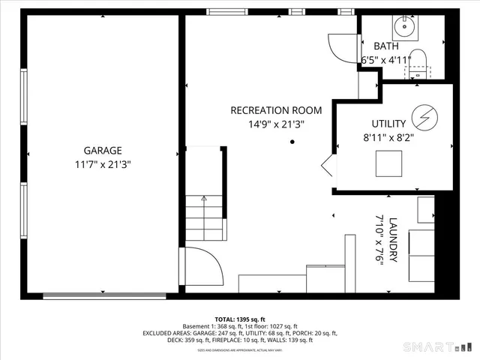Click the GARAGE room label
(x=102, y=150)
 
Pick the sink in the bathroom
(x=406, y=28)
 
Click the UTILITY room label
(x=388, y=124)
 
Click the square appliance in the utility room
(x=389, y=163)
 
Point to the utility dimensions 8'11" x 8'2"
(x=388, y=137)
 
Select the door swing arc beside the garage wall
(x=201, y=264)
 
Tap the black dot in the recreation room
(x=292, y=141)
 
